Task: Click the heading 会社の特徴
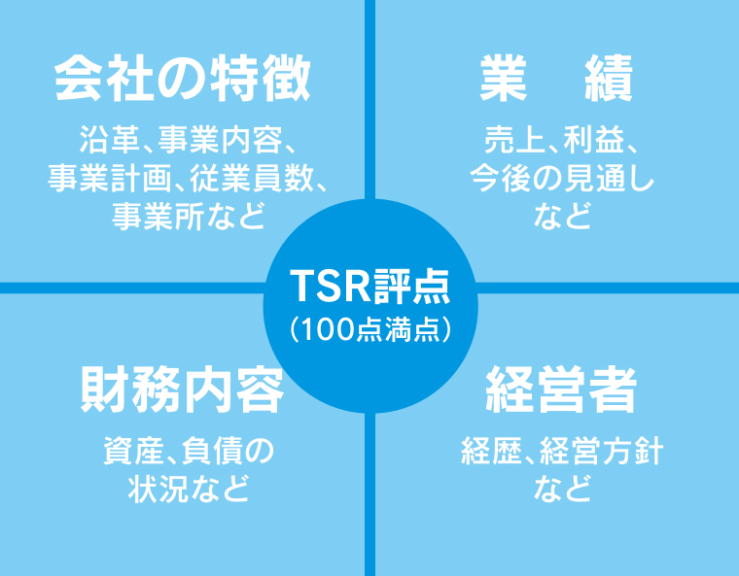pyautogui.click(x=183, y=78)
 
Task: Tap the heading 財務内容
pyautogui.click(x=183, y=390)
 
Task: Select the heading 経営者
pyautogui.click(x=561, y=390)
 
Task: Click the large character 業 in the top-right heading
pyautogui.click(x=504, y=78)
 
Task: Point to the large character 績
pyautogui.click(x=609, y=78)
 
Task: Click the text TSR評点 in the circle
pyautogui.click(x=370, y=287)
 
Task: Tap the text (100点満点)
pyautogui.click(x=370, y=329)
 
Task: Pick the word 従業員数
pyautogui.click(x=252, y=179)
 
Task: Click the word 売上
pyautogui.click(x=514, y=140)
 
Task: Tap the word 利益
pyautogui.click(x=593, y=140)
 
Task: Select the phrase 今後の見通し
pyautogui.click(x=562, y=179)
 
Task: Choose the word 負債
pyautogui.click(x=213, y=451)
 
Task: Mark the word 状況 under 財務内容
pyautogui.click(x=158, y=489)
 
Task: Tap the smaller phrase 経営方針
pyautogui.click(x=602, y=451)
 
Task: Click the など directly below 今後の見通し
pyautogui.click(x=562, y=217)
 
